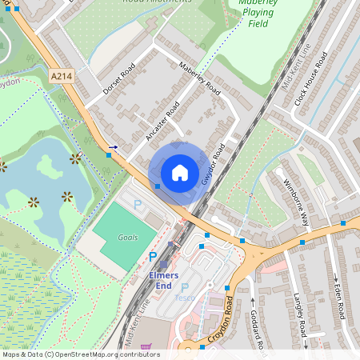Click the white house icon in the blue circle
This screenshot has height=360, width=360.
pos(180,172)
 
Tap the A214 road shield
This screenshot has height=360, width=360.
pos(61,76)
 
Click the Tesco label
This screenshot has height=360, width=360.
pos(185,298)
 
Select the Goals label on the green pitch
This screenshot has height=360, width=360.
pos(127,238)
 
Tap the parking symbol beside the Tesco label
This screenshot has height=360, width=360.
pos(185,286)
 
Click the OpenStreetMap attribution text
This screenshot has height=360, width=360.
pos(80,354)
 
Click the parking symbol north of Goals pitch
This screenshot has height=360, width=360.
pos(137,205)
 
